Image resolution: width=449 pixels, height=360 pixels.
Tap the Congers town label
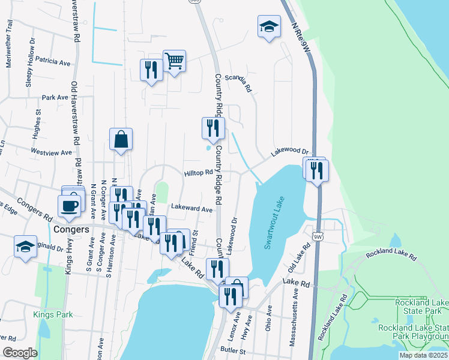pyautogui.click(x=71, y=229)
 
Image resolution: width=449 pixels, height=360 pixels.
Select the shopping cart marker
pyautogui.click(x=174, y=61)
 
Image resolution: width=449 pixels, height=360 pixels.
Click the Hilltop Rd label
pyautogui.click(x=199, y=173)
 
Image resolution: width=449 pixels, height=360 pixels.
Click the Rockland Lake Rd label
pyautogui.click(x=391, y=254)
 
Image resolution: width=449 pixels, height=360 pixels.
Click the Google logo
pyautogui.click(x=20, y=353)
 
